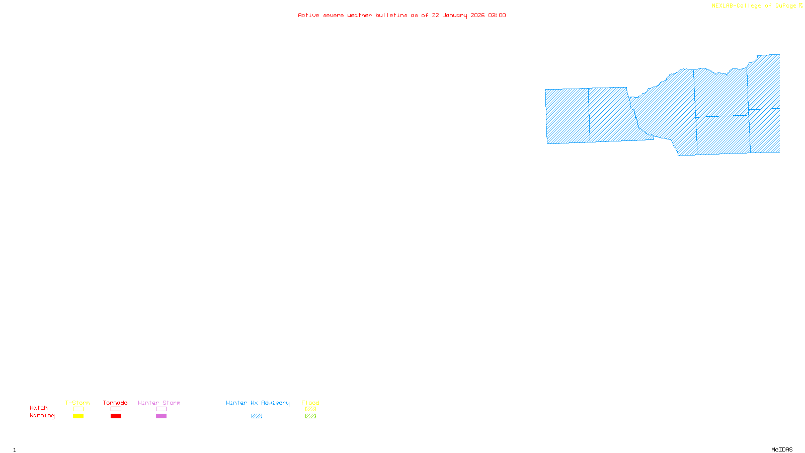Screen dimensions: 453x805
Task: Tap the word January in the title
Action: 454,15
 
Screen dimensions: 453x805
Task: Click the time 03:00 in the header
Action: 497,15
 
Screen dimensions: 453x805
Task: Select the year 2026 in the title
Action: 477,15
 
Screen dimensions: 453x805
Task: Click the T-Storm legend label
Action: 77,403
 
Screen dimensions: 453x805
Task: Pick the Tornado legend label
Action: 115,403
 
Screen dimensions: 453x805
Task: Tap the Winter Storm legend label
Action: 159,403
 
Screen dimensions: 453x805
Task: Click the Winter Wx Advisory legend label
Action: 258,403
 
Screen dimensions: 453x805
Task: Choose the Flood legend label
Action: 310,403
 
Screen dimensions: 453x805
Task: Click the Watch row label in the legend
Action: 39,408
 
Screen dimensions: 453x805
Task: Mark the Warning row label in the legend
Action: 42,416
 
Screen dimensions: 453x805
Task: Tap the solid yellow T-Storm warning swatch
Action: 78,416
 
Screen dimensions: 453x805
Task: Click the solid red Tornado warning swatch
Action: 116,416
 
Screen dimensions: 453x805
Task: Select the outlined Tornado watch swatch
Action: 116,409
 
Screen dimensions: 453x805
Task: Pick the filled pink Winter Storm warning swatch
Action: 161,416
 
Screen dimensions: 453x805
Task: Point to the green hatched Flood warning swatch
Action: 310,416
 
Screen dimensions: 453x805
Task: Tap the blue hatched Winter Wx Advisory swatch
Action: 257,416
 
